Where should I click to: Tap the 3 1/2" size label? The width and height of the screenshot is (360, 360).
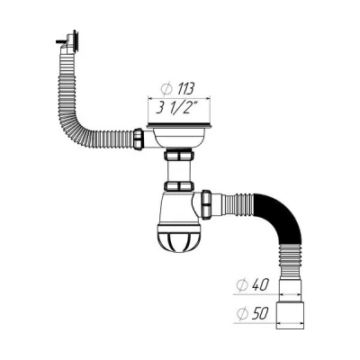coord(176,110)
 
